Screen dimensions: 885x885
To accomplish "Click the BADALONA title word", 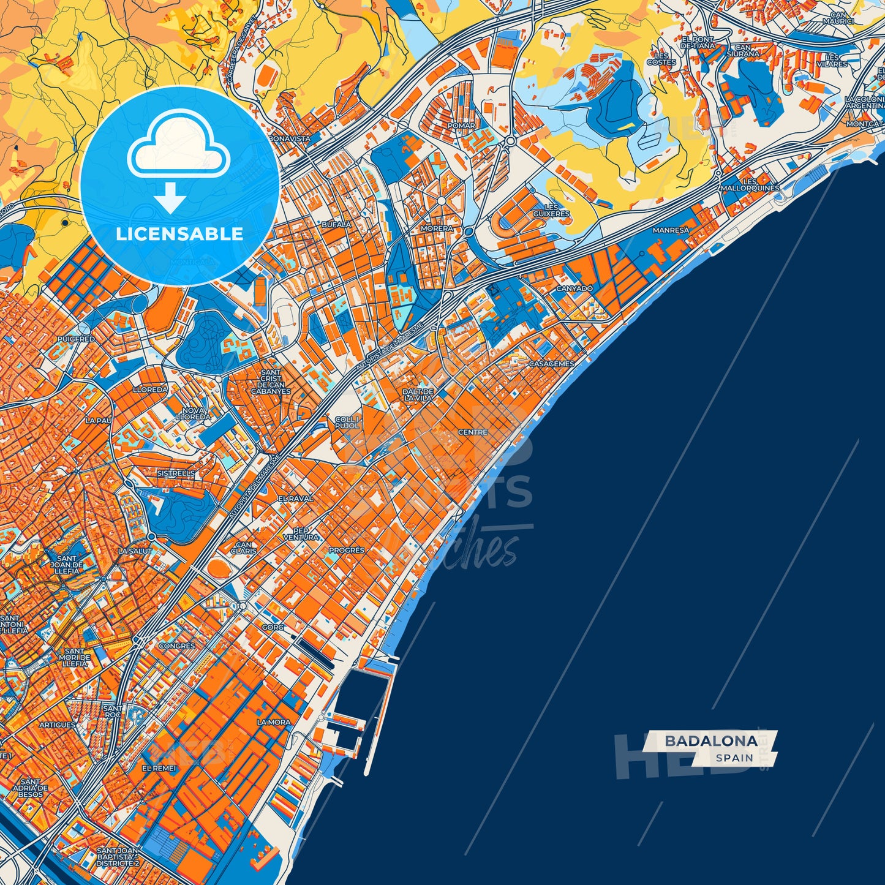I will coord(710,740).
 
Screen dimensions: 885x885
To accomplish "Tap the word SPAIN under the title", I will coord(734,758).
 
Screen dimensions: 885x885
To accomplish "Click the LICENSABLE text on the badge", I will coord(179,233).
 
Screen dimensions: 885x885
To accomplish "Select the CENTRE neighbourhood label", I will coord(473,432).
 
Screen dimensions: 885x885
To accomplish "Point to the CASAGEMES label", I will coord(551,364).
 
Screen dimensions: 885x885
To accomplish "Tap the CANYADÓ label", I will coord(574,288).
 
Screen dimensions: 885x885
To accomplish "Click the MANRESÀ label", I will coord(670,230).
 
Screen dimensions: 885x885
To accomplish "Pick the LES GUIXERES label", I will coord(551,211).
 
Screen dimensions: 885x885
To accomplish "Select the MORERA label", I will coord(437,228).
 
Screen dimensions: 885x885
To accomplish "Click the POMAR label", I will coord(461,126).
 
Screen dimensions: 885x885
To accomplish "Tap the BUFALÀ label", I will coord(336,225).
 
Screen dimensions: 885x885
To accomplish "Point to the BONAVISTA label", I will coord(290,139).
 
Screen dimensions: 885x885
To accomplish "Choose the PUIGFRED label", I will coord(76,339).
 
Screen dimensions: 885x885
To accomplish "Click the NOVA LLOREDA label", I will coord(193,413).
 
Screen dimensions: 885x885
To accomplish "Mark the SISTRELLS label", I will coord(176,473).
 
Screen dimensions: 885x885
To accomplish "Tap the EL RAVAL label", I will coord(295,499).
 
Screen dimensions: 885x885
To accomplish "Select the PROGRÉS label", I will coord(346,550).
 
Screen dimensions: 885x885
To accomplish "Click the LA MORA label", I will coord(274,722).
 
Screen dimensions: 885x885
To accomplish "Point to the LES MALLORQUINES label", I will coord(750,185).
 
